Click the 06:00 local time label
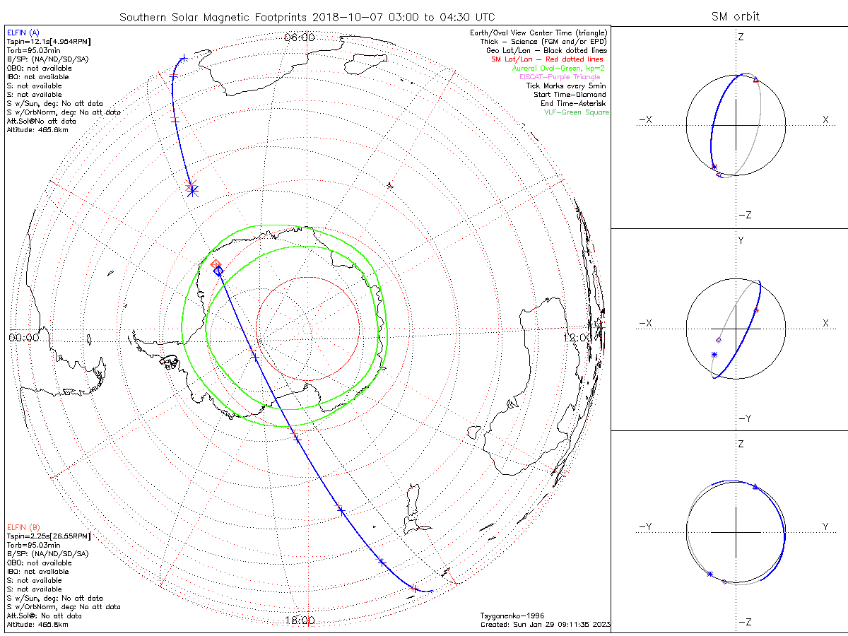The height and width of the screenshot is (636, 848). pos(299,37)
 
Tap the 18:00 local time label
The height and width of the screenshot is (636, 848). pos(299,620)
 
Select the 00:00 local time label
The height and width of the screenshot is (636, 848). pos(23,338)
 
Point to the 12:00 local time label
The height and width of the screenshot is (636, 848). pos(579,338)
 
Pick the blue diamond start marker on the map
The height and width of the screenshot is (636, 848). pos(218,271)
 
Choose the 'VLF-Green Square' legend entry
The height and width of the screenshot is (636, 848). pos(576,112)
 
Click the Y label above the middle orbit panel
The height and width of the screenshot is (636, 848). pos(741,240)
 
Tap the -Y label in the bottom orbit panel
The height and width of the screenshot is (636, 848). pos(646,526)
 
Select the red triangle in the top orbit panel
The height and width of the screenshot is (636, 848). pos(756,80)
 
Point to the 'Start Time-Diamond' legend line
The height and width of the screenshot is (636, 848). pos(570,95)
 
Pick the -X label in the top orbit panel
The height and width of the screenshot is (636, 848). pos(646,120)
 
